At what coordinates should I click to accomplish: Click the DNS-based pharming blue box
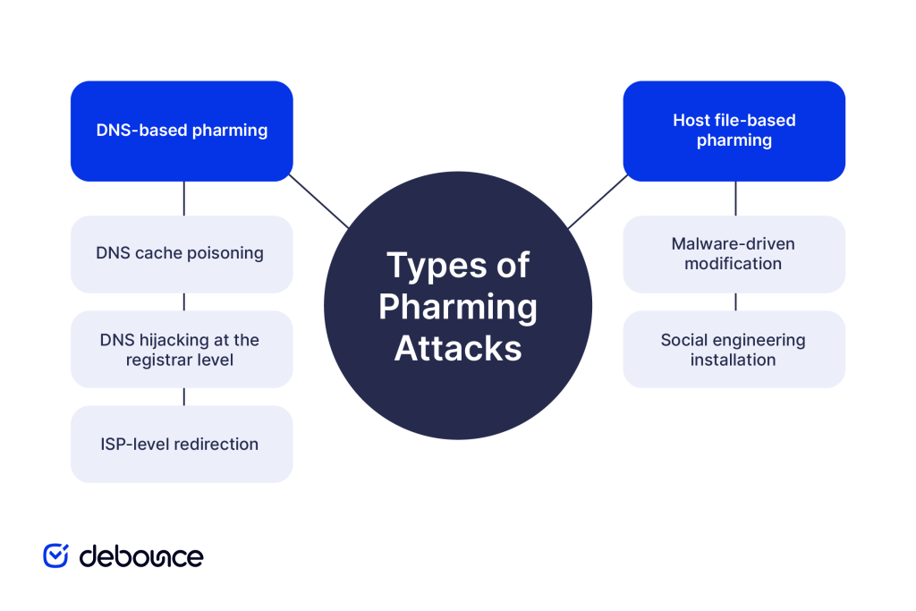pyautogui.click(x=182, y=131)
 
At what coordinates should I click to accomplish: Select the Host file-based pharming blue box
pyautogui.click(x=734, y=131)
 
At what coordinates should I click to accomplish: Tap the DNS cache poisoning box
pyautogui.click(x=182, y=254)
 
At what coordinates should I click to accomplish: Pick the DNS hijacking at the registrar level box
pyautogui.click(x=182, y=349)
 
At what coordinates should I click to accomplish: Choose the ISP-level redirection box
pyautogui.click(x=182, y=444)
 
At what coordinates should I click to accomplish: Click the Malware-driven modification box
pyautogui.click(x=734, y=254)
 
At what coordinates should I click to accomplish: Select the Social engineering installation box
pyautogui.click(x=734, y=349)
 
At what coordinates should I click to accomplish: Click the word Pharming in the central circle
pyautogui.click(x=458, y=307)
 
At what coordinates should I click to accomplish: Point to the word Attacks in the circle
pyautogui.click(x=458, y=348)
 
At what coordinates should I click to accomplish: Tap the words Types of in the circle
pyautogui.click(x=458, y=266)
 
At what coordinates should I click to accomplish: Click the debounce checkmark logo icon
pyautogui.click(x=56, y=556)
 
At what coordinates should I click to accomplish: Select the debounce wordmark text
pyautogui.click(x=141, y=556)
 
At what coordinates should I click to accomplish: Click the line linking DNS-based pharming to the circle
pyautogui.click(x=318, y=200)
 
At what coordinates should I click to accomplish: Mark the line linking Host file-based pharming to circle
pyautogui.click(x=598, y=200)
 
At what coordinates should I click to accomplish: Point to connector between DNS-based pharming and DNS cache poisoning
pyautogui.click(x=183, y=198)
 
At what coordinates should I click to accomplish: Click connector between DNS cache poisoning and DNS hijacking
pyautogui.click(x=183, y=301)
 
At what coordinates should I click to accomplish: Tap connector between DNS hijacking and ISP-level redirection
pyautogui.click(x=183, y=396)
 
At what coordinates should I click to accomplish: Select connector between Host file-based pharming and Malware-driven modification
pyautogui.click(x=735, y=198)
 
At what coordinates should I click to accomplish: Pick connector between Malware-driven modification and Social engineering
pyautogui.click(x=735, y=301)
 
